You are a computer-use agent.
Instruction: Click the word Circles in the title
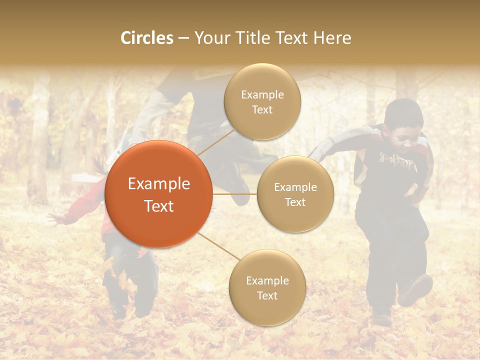[x=146, y=38]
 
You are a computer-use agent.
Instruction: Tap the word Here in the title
[x=332, y=38]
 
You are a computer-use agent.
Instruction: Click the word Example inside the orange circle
[x=159, y=184]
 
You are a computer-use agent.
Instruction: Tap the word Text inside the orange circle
[x=159, y=206]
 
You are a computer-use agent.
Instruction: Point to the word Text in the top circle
[x=262, y=109]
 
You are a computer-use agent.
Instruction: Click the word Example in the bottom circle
[x=267, y=280]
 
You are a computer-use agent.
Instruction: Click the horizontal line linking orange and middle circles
[x=235, y=193]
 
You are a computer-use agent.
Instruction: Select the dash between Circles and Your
[x=183, y=38]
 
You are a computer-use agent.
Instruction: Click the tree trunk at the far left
[x=39, y=140]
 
